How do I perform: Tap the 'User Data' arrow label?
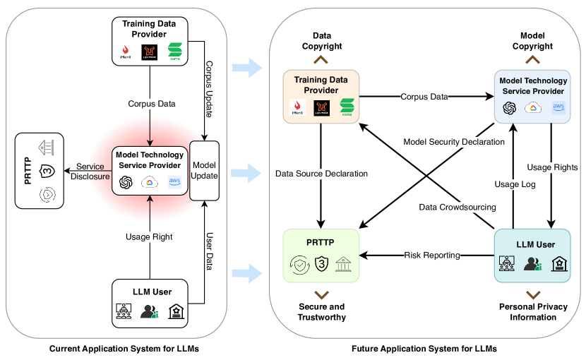point(209,248)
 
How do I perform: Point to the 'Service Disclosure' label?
point(90,172)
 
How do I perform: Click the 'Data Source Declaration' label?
point(322,173)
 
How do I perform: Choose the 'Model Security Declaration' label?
point(453,141)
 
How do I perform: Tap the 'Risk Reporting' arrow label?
point(431,254)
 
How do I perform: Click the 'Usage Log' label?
point(515,184)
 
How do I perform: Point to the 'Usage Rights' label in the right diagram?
point(552,167)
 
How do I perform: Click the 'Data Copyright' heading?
point(322,41)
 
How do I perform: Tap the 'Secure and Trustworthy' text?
point(322,312)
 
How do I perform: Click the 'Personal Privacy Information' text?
point(533,312)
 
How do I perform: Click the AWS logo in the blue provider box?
point(558,108)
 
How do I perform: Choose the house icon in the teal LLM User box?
point(558,264)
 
